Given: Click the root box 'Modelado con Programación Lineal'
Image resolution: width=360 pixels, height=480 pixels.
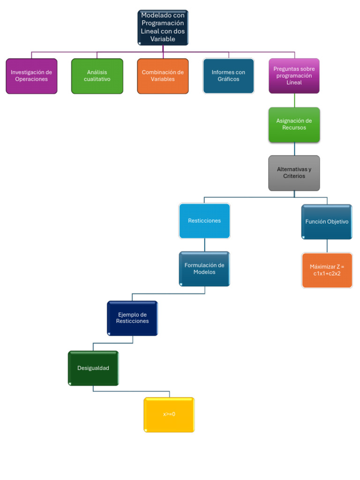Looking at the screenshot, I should coord(163,28).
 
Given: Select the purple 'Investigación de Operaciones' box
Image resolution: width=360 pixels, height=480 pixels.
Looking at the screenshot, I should coord(31,76).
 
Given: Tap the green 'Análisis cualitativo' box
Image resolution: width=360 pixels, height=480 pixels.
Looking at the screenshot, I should coord(97,76).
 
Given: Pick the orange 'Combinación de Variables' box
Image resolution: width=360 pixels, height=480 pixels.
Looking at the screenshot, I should coord(163,76).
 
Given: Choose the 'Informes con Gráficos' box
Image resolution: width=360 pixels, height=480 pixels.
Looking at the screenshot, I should coord(228,76).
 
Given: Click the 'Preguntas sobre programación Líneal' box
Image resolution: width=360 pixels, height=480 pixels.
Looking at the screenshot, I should coord(294,76).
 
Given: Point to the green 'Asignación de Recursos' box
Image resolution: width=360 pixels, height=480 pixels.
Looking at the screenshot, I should coord(294,125).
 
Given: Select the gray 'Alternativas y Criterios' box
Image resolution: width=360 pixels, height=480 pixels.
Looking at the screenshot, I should coord(294,173).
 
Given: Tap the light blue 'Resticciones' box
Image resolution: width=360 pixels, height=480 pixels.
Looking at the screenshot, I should coord(204,221).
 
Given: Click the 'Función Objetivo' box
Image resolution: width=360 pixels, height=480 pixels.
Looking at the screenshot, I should coord(327,222).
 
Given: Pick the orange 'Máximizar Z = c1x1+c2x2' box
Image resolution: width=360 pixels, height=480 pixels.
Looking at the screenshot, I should coord(327,270).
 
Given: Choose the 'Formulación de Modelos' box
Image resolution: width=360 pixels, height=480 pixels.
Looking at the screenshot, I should coord(204,269).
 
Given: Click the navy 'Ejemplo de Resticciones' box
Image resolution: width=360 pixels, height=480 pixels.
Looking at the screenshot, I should coord(132,318).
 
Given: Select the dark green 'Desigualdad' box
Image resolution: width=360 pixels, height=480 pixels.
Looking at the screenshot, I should coord(93,368).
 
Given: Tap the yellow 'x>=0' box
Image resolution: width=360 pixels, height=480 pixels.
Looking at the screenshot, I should coord(169,414).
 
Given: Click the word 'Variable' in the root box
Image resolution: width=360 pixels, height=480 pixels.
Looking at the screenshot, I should coord(163,39).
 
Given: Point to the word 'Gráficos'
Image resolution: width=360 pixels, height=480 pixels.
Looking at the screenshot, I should coord(228,79).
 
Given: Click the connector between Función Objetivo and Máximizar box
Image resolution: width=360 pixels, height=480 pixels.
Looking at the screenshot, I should coord(327,246).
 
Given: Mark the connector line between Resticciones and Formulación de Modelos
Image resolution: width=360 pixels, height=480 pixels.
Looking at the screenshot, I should coord(204,245).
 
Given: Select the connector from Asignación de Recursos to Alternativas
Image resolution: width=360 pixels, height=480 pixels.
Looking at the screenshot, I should coord(294,149).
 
